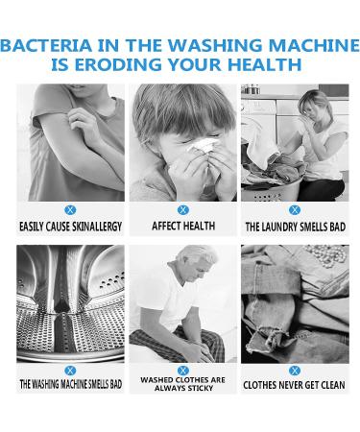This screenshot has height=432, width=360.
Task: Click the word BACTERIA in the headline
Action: pos(46,45)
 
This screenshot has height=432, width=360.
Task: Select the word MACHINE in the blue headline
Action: pos(314,45)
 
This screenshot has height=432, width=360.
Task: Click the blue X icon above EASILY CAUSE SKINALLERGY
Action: pos(70,210)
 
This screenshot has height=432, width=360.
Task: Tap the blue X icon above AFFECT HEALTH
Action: pos(183,210)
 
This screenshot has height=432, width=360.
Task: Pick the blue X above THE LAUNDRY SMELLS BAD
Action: pos(295,210)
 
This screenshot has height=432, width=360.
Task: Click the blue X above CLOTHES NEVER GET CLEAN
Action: pos(295,371)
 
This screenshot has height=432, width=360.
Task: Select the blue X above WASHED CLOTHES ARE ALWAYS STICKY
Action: pos(183,371)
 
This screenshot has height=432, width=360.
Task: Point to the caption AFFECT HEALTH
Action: pos(183,226)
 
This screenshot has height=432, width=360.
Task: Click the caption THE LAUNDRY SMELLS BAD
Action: pos(295,227)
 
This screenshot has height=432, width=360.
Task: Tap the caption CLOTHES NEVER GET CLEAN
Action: pos(294,385)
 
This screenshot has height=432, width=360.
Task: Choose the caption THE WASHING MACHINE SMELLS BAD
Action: pos(71,384)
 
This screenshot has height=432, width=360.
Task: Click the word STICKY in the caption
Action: pos(200,388)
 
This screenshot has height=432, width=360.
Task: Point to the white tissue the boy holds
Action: pos(203,146)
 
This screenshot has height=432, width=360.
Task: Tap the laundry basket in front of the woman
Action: pos(272,190)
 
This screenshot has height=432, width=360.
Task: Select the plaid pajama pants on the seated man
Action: pos(180,344)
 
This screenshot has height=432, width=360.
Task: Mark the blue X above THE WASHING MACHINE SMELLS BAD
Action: pos(70,371)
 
